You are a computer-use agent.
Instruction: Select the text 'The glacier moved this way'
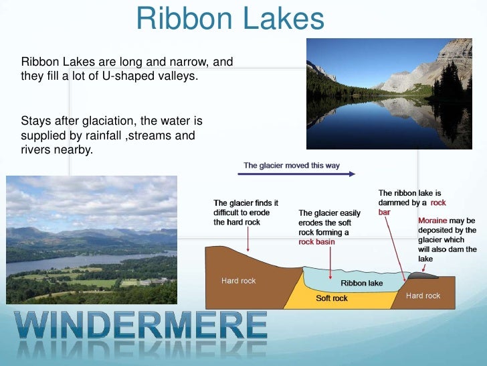pyautogui.click(x=291, y=165)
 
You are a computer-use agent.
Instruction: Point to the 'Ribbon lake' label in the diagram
pyautogui.click(x=362, y=283)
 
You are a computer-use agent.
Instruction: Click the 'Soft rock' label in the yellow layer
pyautogui.click(x=332, y=298)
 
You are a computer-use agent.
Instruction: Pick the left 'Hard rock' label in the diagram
pyautogui.click(x=238, y=280)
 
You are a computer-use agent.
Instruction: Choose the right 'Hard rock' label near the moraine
pyautogui.click(x=423, y=296)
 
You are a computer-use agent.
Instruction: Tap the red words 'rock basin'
pyautogui.click(x=316, y=242)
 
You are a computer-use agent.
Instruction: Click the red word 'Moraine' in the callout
pyautogui.click(x=433, y=221)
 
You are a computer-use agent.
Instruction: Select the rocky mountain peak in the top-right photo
pyautogui.click(x=455, y=54)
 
